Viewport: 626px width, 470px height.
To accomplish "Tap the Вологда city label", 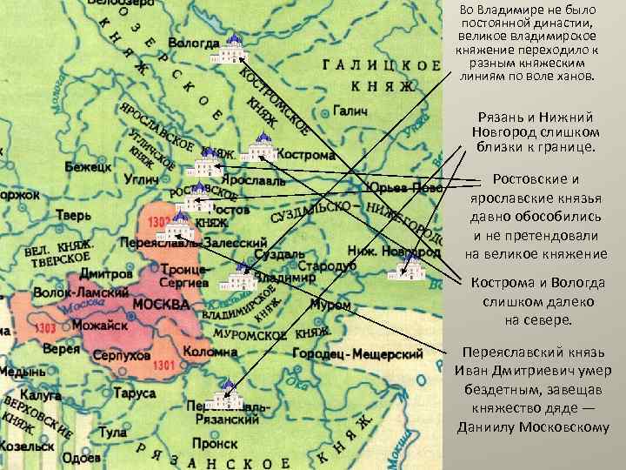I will click(x=194, y=41).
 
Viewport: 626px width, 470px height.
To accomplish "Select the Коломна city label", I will click(x=210, y=352).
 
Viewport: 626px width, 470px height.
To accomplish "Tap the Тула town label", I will click(x=112, y=432).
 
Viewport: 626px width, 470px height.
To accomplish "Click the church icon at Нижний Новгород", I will click(x=406, y=265).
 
